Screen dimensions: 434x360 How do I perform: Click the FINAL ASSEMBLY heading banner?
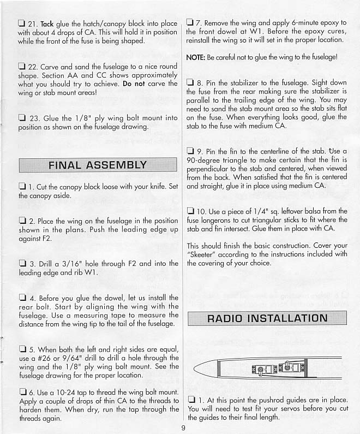(x=98, y=165)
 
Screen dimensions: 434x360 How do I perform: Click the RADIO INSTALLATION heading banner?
(x=267, y=318)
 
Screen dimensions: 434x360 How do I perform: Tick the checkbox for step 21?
(x=22, y=23)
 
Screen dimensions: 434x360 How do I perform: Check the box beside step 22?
(x=22, y=67)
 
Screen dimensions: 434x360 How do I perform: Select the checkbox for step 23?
(x=22, y=117)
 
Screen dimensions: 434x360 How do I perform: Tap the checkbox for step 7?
(x=190, y=23)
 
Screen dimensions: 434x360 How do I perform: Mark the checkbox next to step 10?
(x=190, y=211)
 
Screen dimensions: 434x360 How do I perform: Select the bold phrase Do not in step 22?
(x=134, y=84)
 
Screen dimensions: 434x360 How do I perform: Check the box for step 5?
(x=22, y=348)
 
